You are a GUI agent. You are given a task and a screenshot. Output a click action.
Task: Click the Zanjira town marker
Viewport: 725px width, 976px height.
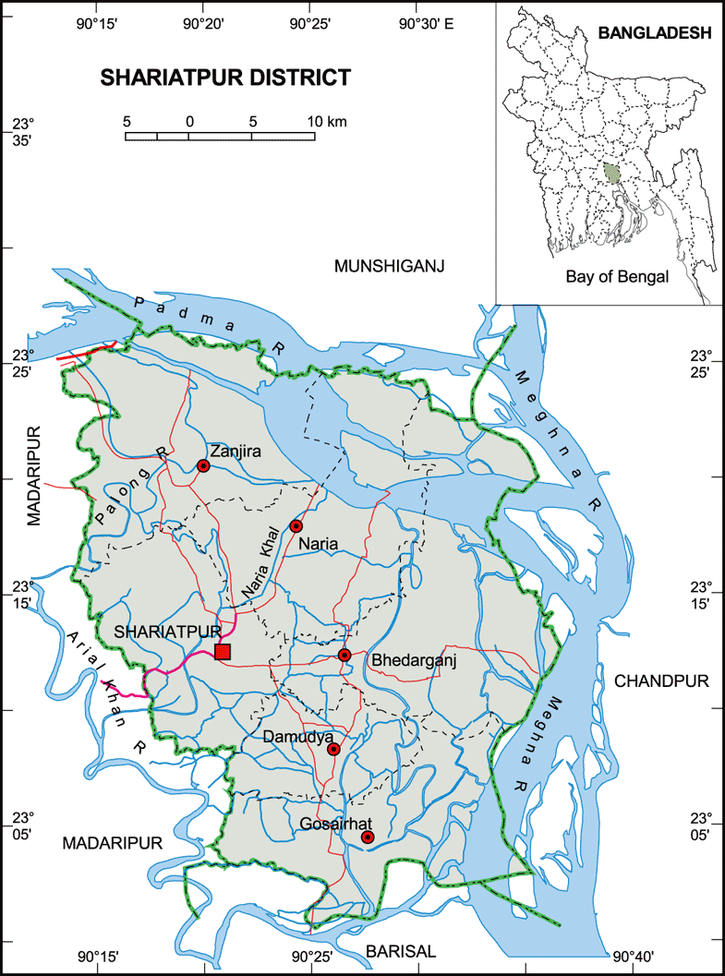pyautogui.click(x=203, y=466)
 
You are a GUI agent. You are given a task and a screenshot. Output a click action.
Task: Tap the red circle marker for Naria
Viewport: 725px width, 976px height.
pyautogui.click(x=296, y=526)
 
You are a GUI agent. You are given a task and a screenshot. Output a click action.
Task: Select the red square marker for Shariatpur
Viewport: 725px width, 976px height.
pyautogui.click(x=222, y=652)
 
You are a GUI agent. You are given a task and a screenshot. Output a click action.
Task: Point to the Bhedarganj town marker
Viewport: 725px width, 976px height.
pyautogui.click(x=344, y=656)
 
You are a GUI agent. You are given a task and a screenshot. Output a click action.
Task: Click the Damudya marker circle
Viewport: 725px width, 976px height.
pyautogui.click(x=334, y=750)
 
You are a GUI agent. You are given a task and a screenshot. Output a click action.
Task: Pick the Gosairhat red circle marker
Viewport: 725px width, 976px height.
pyautogui.click(x=368, y=837)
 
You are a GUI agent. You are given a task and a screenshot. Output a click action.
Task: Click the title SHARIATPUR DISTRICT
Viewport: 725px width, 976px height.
pyautogui.click(x=225, y=78)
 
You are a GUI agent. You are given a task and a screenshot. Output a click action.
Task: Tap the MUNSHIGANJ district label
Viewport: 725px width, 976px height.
pyautogui.click(x=390, y=267)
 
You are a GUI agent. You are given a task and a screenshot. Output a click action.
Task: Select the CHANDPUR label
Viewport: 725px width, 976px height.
pyautogui.click(x=661, y=681)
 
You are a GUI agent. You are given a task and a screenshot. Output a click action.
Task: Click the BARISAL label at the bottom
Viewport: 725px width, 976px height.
pyautogui.click(x=400, y=951)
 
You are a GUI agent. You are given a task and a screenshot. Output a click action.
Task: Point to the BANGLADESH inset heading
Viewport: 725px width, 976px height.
pyautogui.click(x=654, y=33)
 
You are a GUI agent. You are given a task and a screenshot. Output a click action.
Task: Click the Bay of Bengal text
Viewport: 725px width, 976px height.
pyautogui.click(x=616, y=276)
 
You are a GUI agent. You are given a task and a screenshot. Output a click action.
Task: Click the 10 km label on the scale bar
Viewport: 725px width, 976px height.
pyautogui.click(x=327, y=122)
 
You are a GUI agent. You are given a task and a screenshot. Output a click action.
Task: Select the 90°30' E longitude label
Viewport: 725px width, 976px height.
pyautogui.click(x=426, y=23)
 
